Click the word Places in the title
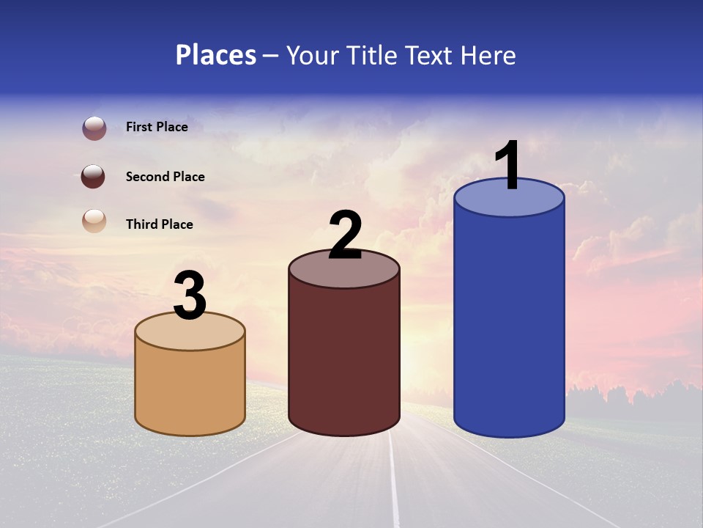tap(216, 55)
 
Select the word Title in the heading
tap(370, 55)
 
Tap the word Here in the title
tap(488, 55)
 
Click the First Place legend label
tap(157, 127)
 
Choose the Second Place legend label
tap(165, 177)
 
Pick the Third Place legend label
tap(159, 224)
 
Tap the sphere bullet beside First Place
tap(94, 128)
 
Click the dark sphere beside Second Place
tap(93, 177)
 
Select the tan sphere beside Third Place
tap(94, 221)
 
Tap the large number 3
tap(190, 296)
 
